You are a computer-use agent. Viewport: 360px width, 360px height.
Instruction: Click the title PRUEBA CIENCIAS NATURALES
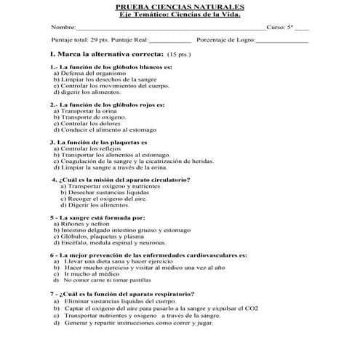[180, 6]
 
